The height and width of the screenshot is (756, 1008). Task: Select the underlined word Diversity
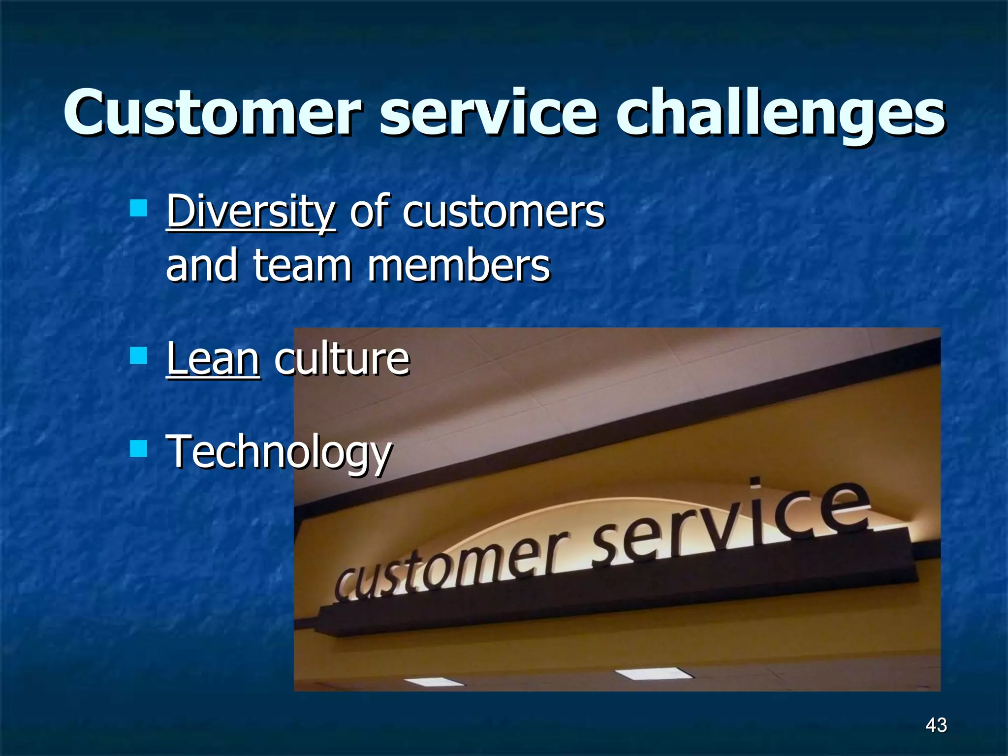click(251, 213)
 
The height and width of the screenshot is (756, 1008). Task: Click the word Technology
click(279, 452)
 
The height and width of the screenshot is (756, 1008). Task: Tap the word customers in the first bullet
click(503, 213)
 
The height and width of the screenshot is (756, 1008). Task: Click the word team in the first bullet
click(302, 266)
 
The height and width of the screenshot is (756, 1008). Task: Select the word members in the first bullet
click(459, 266)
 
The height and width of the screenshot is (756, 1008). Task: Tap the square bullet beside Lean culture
click(138, 355)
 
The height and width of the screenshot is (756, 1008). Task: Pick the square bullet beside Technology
click(138, 448)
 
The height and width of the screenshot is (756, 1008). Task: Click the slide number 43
click(936, 725)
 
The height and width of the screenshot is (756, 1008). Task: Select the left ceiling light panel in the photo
click(434, 682)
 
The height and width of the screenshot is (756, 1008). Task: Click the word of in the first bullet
click(369, 213)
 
